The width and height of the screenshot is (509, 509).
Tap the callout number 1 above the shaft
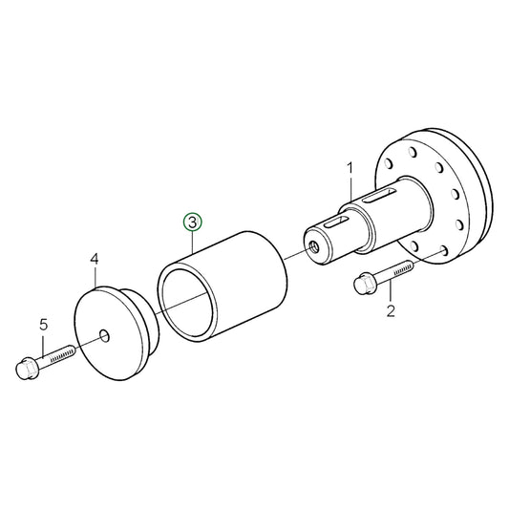click(350, 168)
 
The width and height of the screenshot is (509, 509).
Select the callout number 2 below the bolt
click(390, 311)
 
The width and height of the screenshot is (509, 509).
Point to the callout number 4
click(94, 259)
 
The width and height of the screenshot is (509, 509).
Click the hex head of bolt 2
click(364, 284)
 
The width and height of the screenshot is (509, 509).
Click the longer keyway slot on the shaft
click(378, 199)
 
